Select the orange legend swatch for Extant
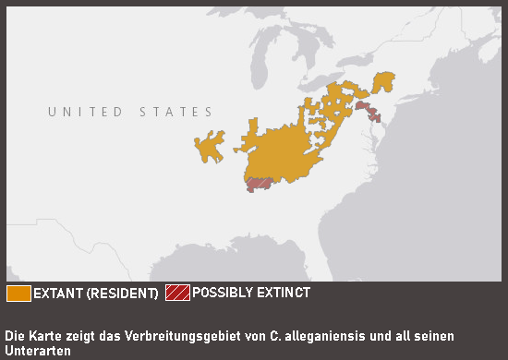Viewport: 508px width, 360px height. pos(18,294)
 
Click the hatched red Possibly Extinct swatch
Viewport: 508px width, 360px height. pos(177,294)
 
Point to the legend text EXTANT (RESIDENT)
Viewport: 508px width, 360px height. pos(95,294)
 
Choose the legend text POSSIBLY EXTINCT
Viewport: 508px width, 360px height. pos(251,293)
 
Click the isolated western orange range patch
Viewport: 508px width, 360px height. pos(210,147)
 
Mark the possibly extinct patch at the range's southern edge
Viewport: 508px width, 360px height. pos(258,184)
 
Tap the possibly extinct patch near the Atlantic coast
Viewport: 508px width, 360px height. pos(368,112)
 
